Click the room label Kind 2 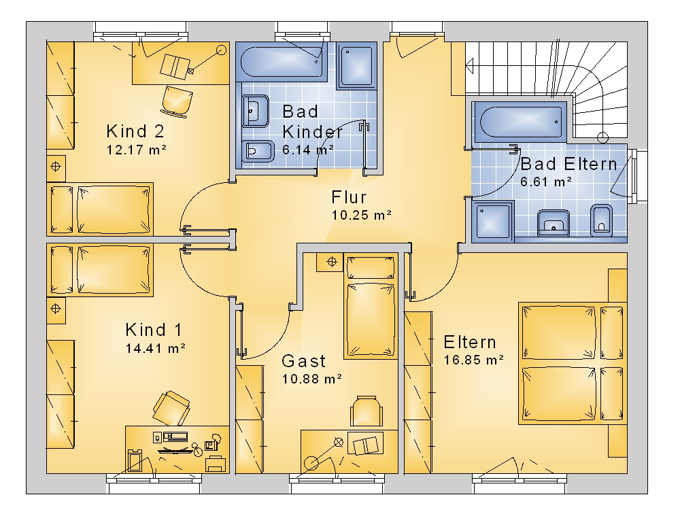[x=135, y=131]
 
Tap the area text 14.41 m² [x=156, y=348]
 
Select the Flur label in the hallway [x=349, y=197]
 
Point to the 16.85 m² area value [x=473, y=360]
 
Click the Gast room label [x=303, y=361]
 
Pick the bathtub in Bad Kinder [x=282, y=62]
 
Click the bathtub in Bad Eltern [x=519, y=122]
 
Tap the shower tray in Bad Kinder [x=356, y=65]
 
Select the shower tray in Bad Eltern [x=493, y=221]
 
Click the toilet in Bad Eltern [x=601, y=220]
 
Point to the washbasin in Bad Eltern [x=554, y=223]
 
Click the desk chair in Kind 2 [x=177, y=101]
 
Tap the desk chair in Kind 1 [x=171, y=408]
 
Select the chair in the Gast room [x=367, y=411]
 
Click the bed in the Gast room [x=371, y=306]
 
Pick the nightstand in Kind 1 [x=56, y=309]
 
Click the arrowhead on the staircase [x=469, y=67]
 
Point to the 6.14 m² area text [x=308, y=150]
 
